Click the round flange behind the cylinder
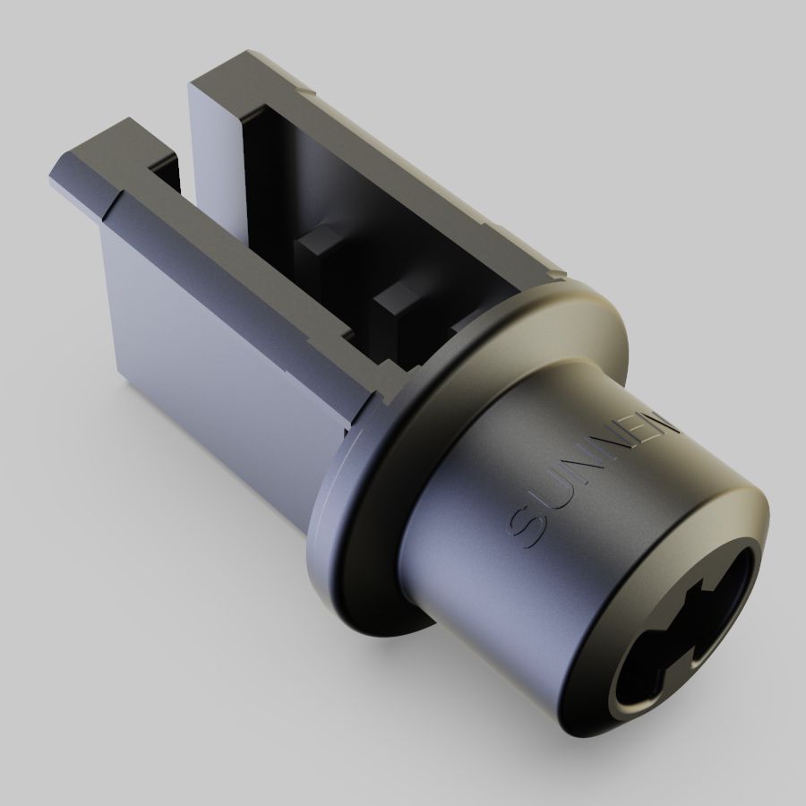click(x=358, y=555)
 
